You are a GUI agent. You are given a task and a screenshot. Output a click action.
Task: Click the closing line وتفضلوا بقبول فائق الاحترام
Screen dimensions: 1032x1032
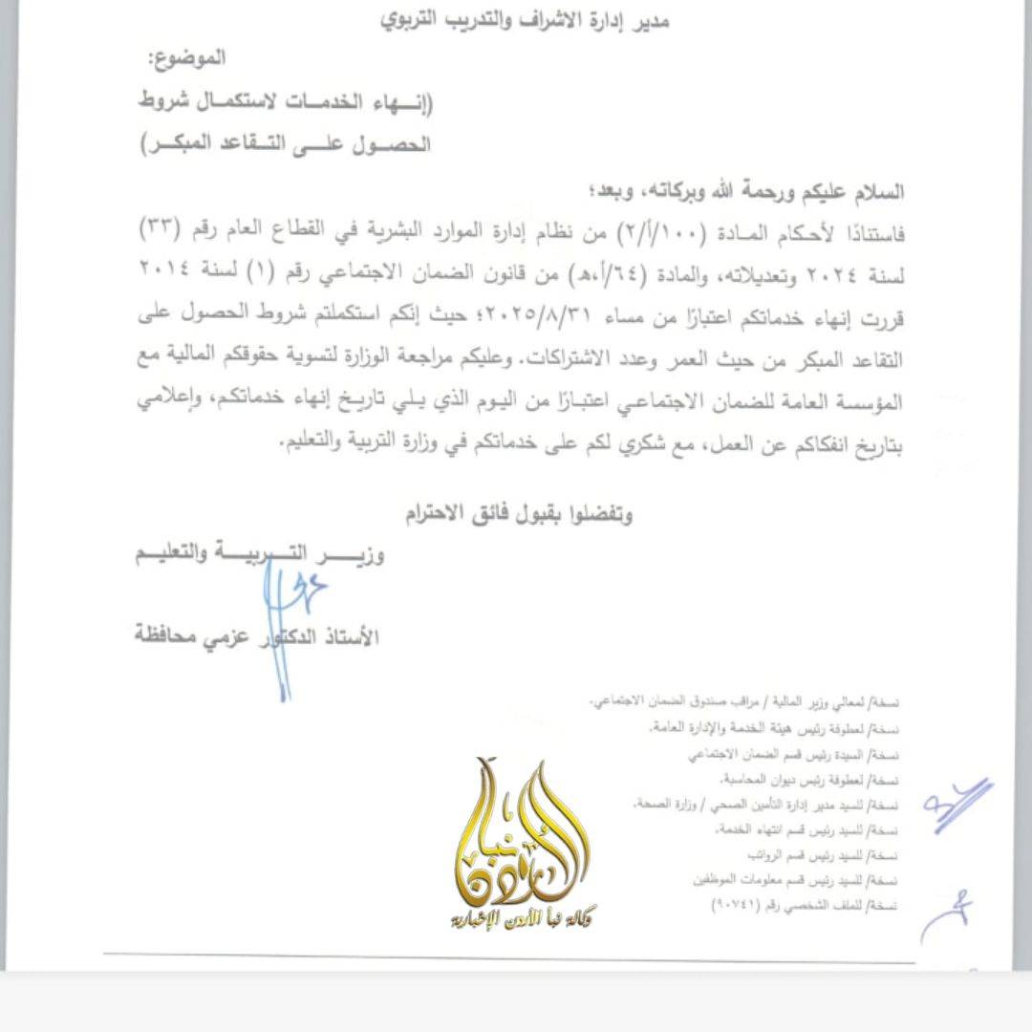coord(516,515)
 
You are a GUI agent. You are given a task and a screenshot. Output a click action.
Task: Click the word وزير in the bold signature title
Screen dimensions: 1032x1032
coord(362,555)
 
